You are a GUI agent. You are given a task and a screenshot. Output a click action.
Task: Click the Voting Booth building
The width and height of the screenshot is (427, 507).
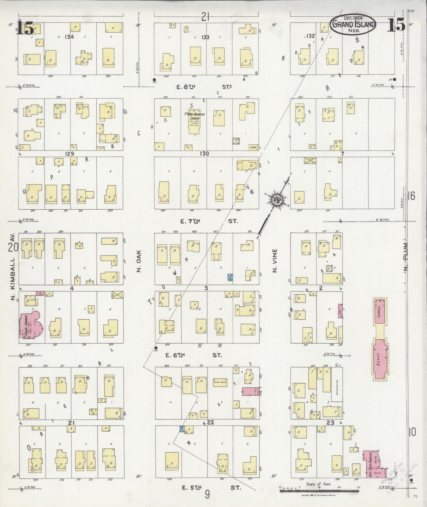pos(220,382)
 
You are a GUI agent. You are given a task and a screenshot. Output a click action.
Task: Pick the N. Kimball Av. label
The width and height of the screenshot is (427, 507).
pos(13,268)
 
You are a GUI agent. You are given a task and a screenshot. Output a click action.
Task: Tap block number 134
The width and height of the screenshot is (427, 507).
pos(69,37)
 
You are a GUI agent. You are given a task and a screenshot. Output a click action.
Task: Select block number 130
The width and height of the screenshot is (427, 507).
pos(204,153)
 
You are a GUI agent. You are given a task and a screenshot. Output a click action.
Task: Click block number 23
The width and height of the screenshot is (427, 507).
pos(330,422)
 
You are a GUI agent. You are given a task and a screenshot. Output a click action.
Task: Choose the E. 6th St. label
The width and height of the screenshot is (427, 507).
pos(201,355)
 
